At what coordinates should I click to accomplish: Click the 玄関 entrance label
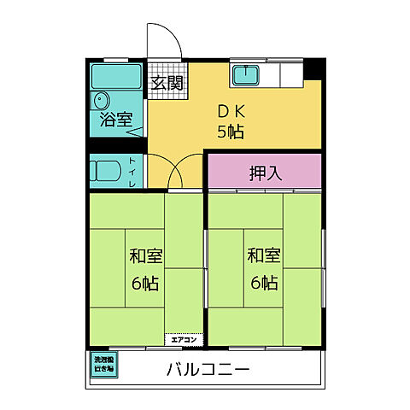(167, 83)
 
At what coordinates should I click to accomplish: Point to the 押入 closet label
(264, 173)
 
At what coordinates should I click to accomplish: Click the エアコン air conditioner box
(184, 338)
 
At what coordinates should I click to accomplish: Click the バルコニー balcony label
(207, 370)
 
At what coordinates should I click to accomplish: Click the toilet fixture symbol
(107, 171)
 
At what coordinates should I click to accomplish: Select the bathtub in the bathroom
(116, 74)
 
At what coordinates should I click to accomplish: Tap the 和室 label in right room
(264, 255)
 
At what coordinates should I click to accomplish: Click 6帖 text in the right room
(264, 283)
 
